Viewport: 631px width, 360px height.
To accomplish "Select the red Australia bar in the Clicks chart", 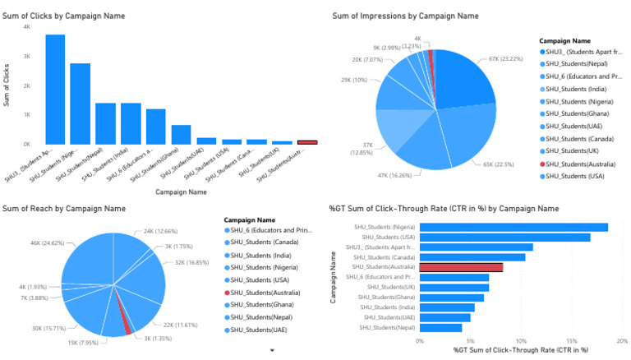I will tap(306, 142).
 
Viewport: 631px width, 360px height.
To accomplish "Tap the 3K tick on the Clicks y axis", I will tap(26, 56).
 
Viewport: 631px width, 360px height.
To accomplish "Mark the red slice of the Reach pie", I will tap(126, 325).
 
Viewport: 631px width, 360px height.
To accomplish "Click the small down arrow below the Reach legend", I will tap(272, 349).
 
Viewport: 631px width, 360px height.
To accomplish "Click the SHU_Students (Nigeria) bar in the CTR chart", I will tap(514, 227).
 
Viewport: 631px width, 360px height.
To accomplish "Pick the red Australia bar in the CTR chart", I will tap(461, 267).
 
